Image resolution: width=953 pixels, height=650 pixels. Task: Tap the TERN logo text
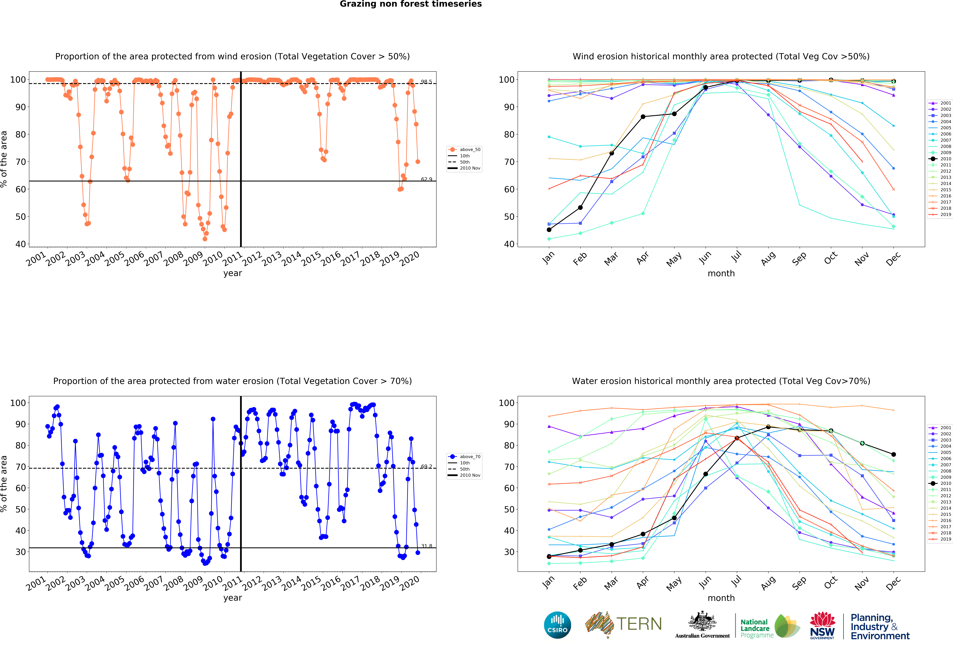point(639,624)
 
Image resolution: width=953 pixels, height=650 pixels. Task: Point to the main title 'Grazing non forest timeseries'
point(410,4)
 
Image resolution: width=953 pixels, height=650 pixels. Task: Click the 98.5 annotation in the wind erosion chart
point(426,82)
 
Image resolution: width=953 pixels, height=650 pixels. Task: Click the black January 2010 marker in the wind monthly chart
point(549,230)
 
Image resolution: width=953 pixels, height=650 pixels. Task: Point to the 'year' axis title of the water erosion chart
point(233,598)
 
